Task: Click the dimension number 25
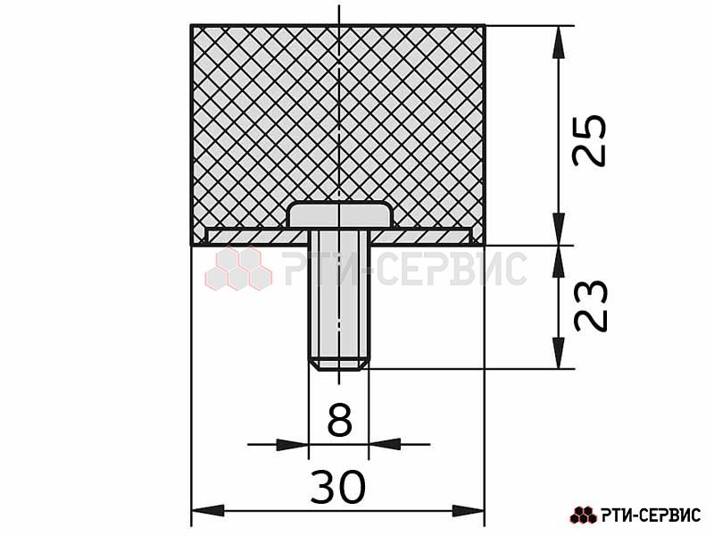[x=590, y=140]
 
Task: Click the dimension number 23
[x=591, y=306]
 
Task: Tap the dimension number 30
[x=338, y=487]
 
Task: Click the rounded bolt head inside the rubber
[x=340, y=214]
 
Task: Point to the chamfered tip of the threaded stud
[x=339, y=365]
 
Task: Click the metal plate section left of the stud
[x=256, y=237]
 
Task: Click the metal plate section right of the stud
[x=421, y=237]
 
